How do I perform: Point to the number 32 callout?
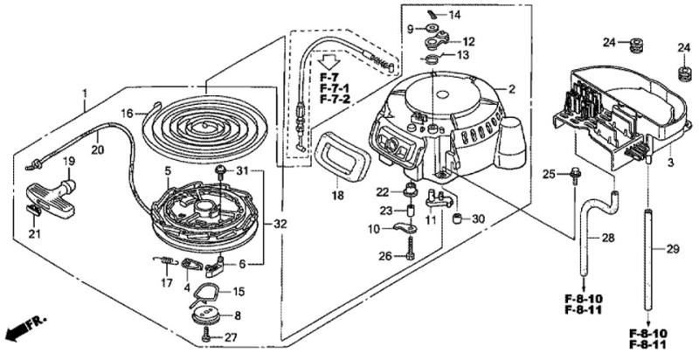pos(280,225)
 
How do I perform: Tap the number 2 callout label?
pos(511,89)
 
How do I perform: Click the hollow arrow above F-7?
pos(329,64)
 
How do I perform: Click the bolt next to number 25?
pos(574,177)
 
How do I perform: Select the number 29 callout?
pos(672,249)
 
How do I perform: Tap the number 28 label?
pos(608,237)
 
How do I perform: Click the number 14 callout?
pos(455,16)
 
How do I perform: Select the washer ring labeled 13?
pos(432,59)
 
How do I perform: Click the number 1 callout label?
pos(86,93)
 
